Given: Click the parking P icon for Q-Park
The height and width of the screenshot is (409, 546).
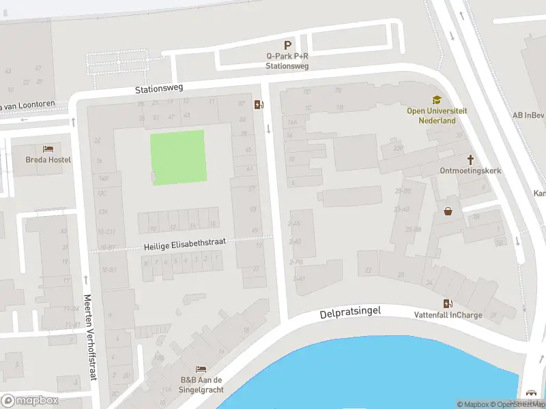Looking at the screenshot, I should pyautogui.click(x=288, y=44).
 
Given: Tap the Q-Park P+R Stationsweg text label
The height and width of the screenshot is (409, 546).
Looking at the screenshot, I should pyautogui.click(x=287, y=61).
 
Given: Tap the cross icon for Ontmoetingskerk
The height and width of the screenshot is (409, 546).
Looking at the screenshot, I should pyautogui.click(x=470, y=158).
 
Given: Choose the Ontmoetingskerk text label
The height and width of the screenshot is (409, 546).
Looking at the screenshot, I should pyautogui.click(x=470, y=170).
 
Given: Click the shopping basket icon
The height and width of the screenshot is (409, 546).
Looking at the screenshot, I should pyautogui.click(x=448, y=211).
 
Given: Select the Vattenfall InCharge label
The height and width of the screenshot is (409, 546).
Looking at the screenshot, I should pyautogui.click(x=448, y=315).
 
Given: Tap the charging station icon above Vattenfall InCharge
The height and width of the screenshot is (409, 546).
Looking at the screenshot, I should pyautogui.click(x=448, y=303).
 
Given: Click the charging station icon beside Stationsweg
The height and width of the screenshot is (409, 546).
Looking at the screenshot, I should pyautogui.click(x=258, y=104).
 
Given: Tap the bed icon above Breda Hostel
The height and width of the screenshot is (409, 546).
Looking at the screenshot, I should pyautogui.click(x=48, y=148).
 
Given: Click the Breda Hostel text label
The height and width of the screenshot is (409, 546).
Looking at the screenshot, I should pyautogui.click(x=48, y=160).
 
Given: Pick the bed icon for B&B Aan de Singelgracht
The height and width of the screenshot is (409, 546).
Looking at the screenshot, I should pyautogui.click(x=201, y=369).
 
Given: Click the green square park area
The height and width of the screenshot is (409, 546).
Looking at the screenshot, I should pyautogui.click(x=177, y=156).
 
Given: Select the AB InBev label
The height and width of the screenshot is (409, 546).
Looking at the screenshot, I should pyautogui.click(x=530, y=115).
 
